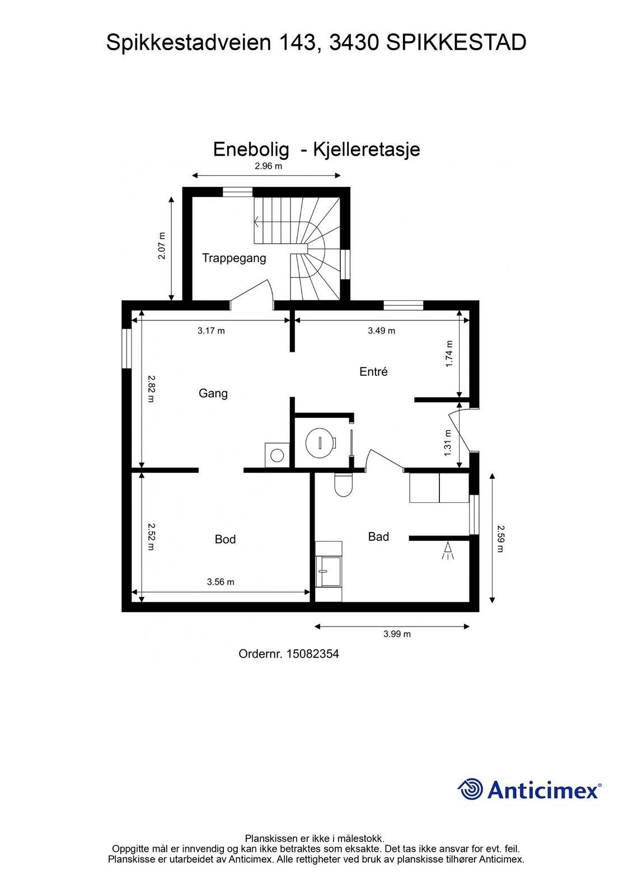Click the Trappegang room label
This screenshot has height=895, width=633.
pos(234,258)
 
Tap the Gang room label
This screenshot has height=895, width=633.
pos(213,394)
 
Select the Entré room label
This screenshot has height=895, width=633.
pos(373,371)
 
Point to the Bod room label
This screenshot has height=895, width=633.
pos(225,539)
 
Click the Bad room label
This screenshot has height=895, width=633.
pos(378,536)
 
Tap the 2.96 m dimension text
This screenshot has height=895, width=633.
pos(268,166)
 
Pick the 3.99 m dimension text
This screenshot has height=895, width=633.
pos(397,634)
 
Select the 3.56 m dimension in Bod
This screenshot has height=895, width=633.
pos(221,582)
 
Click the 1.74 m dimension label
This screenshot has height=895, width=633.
pos(449,354)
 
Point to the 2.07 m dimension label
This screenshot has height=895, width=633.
pos(162,246)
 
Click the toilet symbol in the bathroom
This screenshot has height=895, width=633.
pos(343,484)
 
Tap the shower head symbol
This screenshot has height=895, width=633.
pos(448,550)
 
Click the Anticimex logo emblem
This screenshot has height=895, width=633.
pos(470,789)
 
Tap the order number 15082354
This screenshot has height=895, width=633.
pos(313,654)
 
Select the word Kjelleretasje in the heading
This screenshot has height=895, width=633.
pos(366,149)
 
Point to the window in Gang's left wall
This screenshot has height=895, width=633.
pos(126,348)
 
